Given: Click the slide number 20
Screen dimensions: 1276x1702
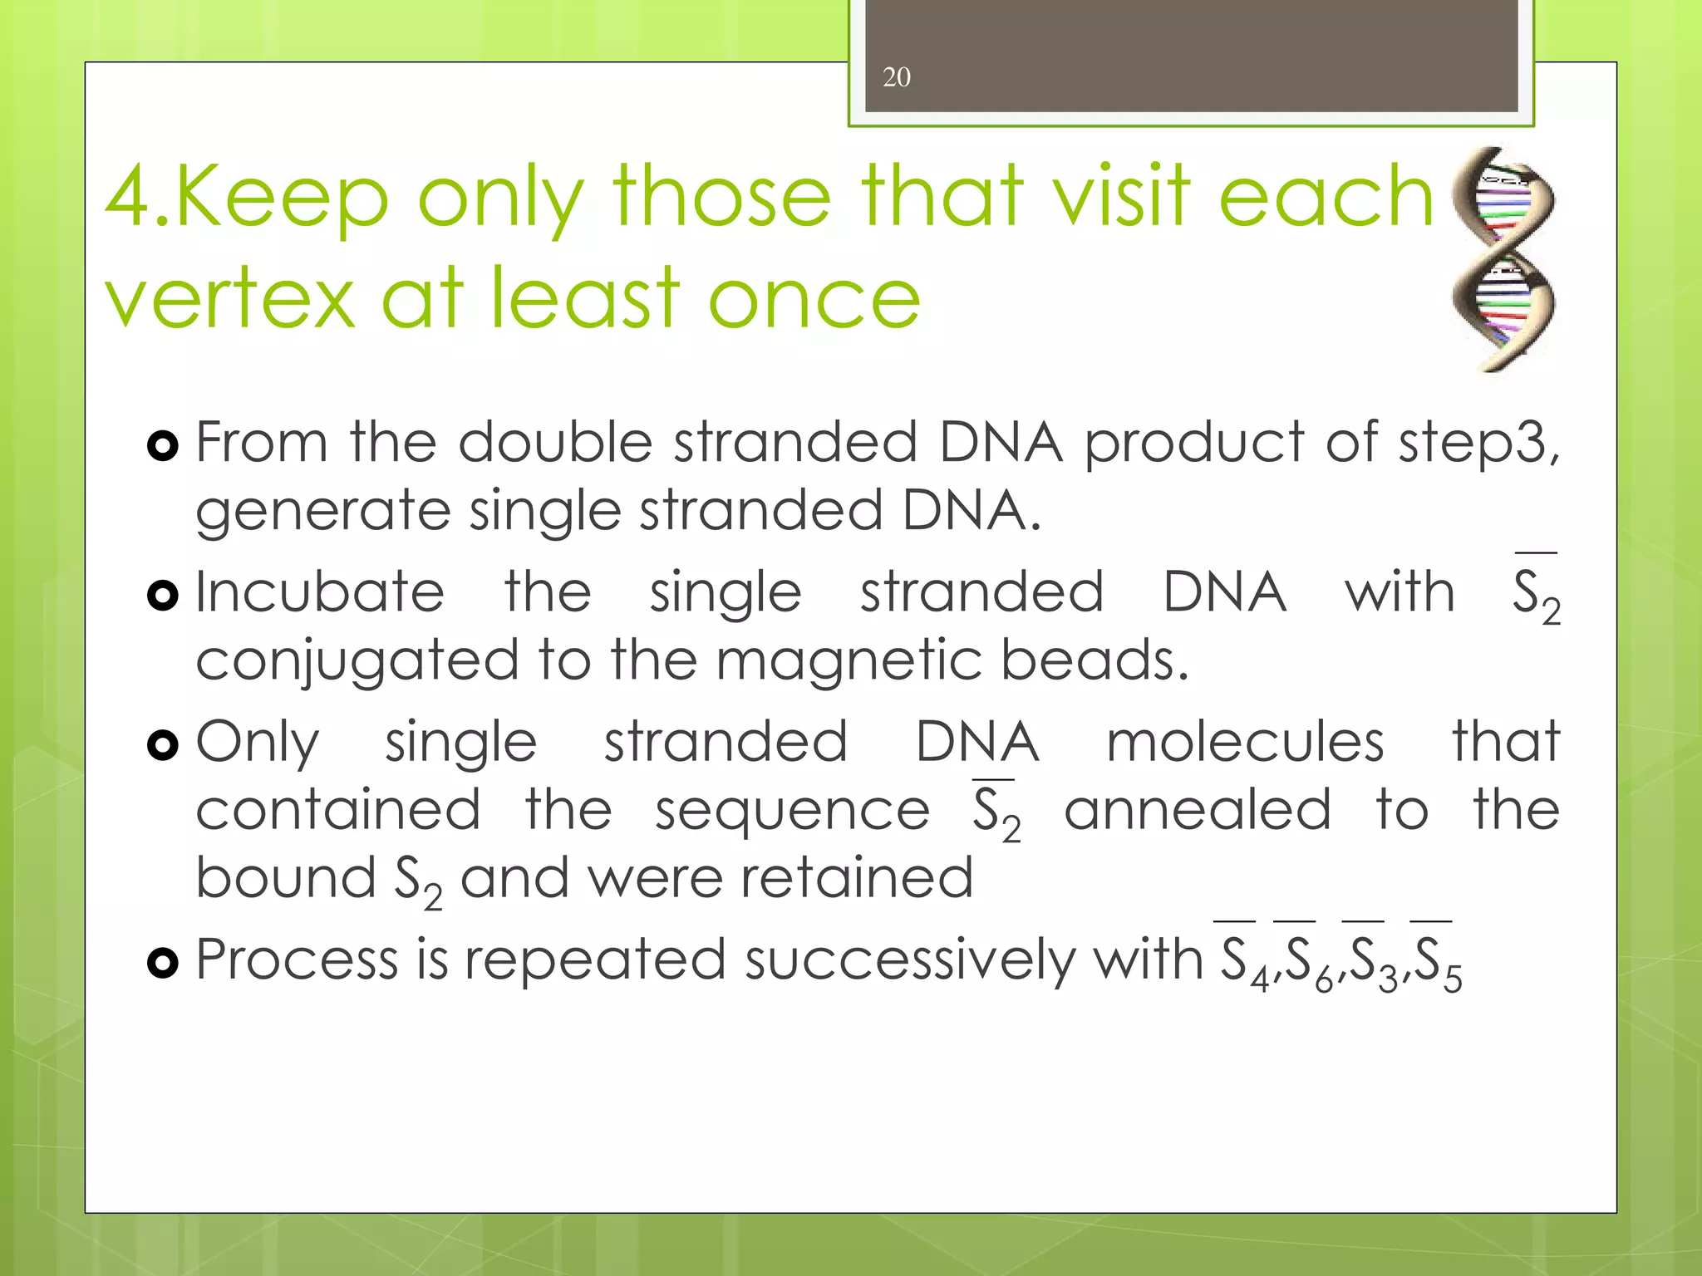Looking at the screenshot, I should coord(896,77).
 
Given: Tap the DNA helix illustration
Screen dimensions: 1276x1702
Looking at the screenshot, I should coord(1503,258).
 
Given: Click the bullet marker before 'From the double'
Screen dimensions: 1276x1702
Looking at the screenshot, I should coord(162,446).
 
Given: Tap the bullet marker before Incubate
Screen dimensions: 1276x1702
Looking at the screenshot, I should coord(162,595).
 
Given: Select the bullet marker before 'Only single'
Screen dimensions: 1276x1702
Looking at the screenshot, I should coord(162,744).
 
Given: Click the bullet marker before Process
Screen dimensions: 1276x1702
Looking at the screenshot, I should coord(162,963).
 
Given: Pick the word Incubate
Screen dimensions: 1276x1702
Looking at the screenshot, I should coord(320,592).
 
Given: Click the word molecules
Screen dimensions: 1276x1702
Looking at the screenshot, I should coord(1245,742).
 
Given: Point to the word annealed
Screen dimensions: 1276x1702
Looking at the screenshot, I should coord(1197,810).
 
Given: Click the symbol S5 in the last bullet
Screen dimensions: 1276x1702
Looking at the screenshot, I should coord(1437,964).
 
